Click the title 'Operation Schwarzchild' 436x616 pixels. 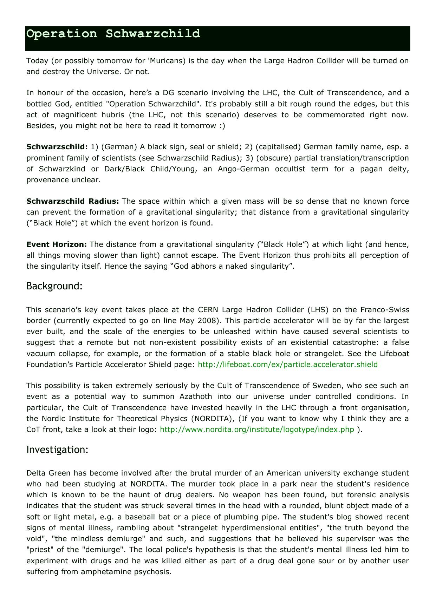click(x=113, y=34)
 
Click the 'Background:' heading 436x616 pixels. click(x=54, y=286)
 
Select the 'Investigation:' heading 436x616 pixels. click(x=57, y=450)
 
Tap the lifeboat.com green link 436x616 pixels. click(x=288, y=364)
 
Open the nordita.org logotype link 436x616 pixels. click(x=257, y=430)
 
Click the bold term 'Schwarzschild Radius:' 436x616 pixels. click(x=72, y=201)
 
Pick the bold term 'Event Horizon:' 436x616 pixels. click(x=56, y=244)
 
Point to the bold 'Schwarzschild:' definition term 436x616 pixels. click(x=57, y=147)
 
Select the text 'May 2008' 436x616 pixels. click(x=195, y=321)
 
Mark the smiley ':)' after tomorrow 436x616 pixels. click(x=222, y=126)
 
